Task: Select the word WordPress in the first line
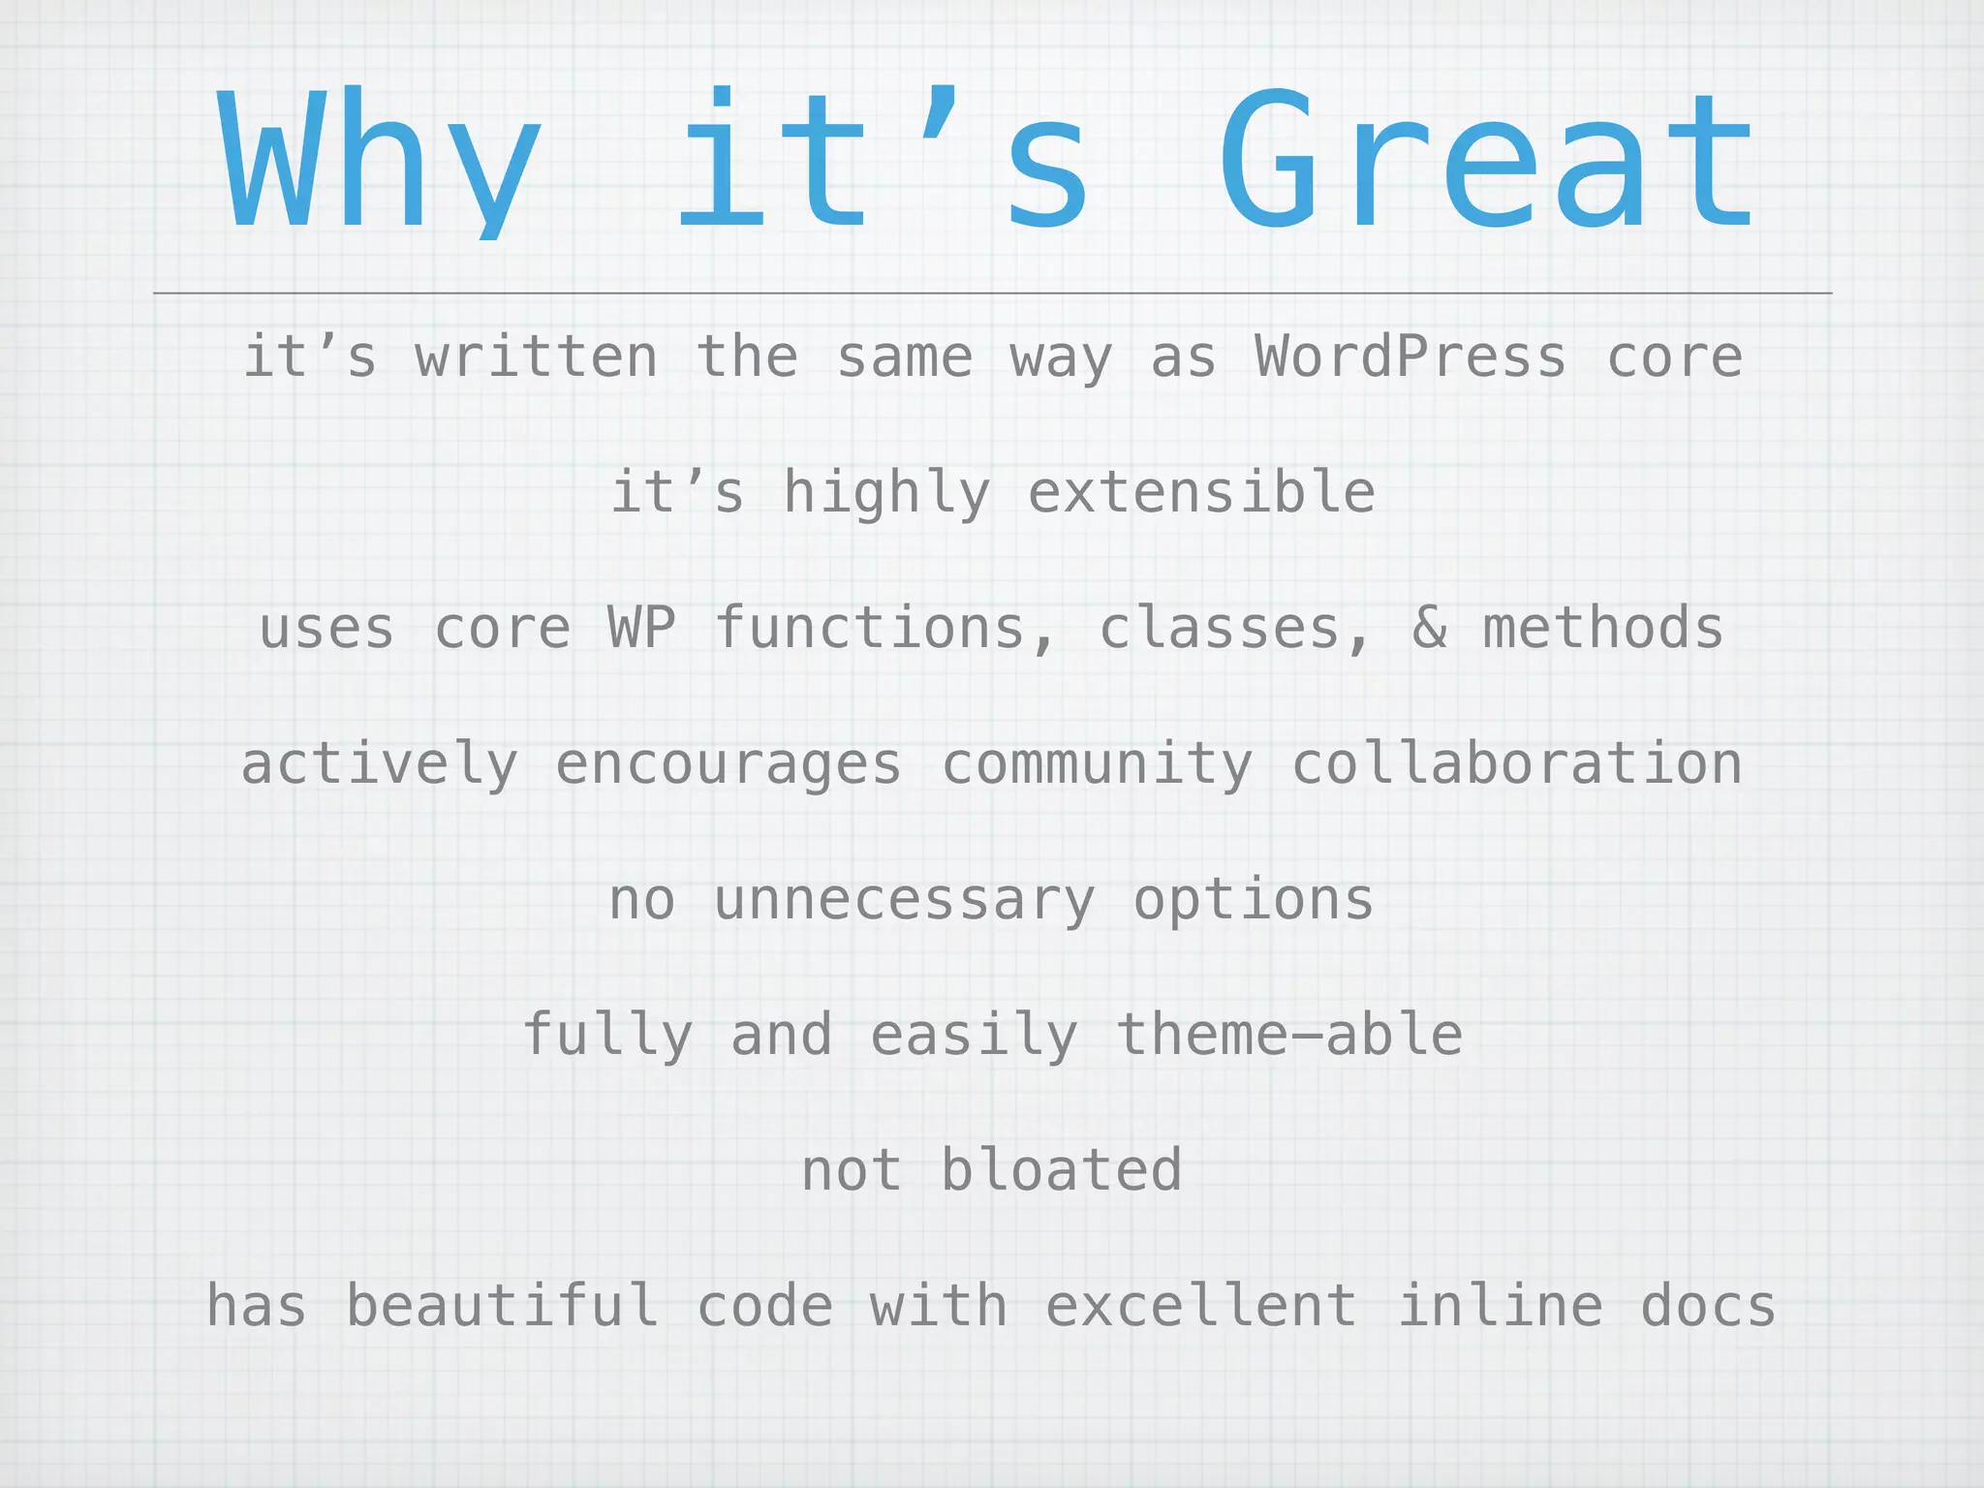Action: pos(1410,356)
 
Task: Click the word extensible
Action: pos(1201,492)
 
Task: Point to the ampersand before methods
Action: pos(1430,628)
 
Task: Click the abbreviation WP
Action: pos(641,628)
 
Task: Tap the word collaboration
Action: pos(1517,763)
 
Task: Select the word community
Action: pos(1098,765)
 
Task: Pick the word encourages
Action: pos(728,765)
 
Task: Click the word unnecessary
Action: pos(905,901)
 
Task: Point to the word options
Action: pos(1254,901)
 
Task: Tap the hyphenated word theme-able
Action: pos(1289,1035)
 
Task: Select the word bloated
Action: pos(1062,1170)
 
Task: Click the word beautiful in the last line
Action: pos(502,1306)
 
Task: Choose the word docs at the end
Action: pos(1708,1306)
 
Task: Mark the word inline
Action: pos(1500,1306)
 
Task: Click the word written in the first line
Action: pos(537,356)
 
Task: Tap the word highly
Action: pos(886,494)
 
